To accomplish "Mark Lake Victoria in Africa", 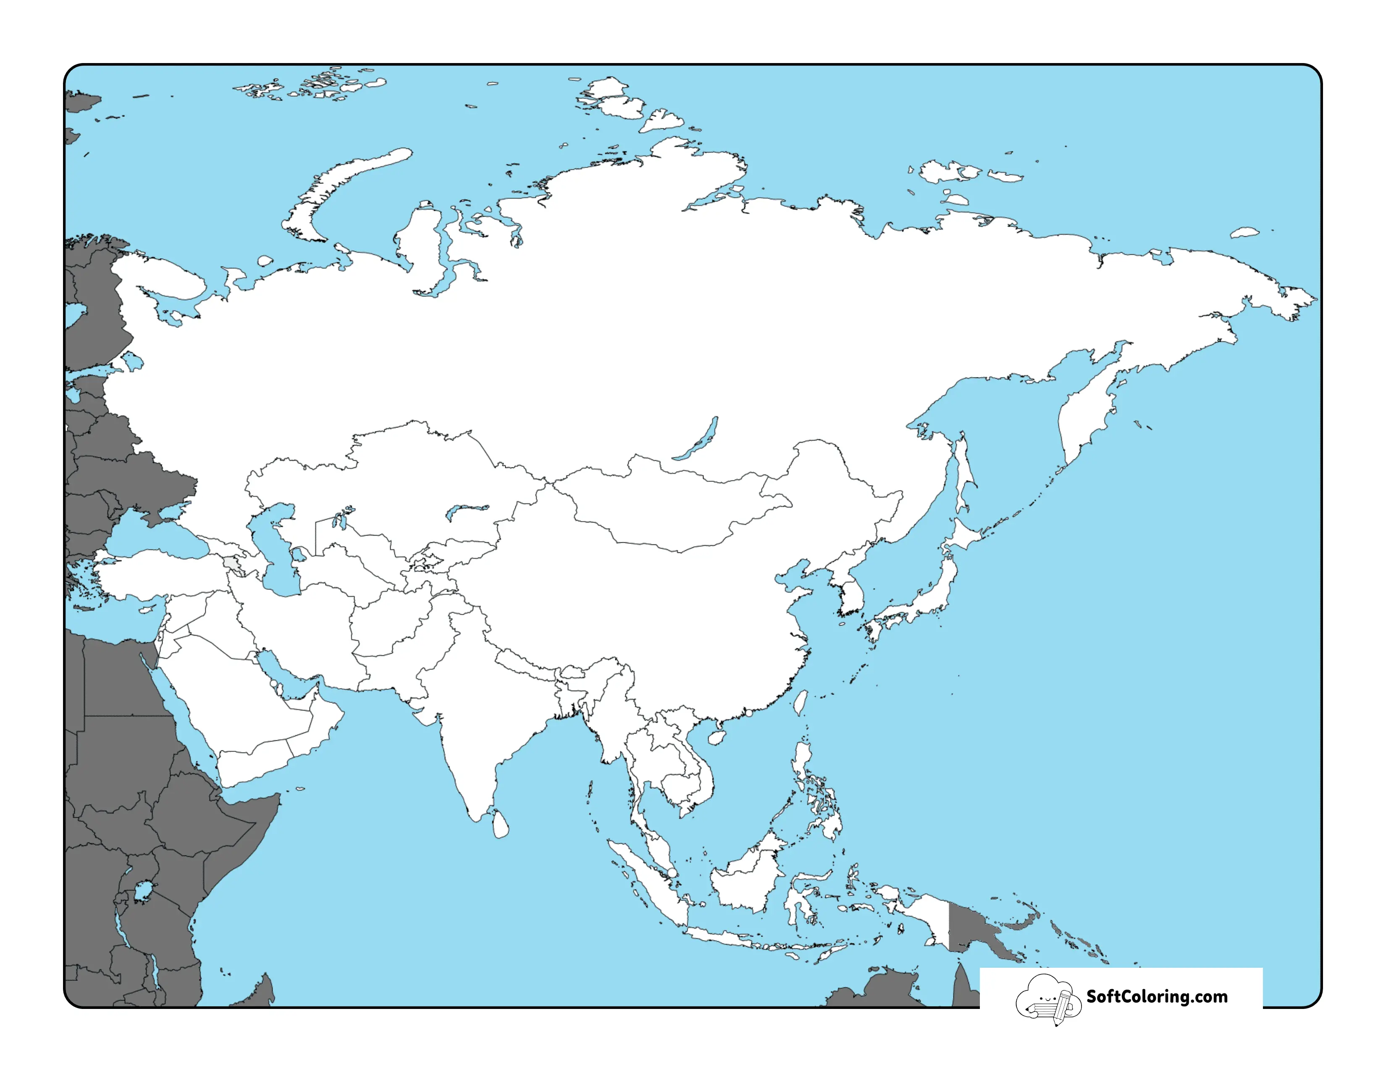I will click(x=143, y=891).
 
